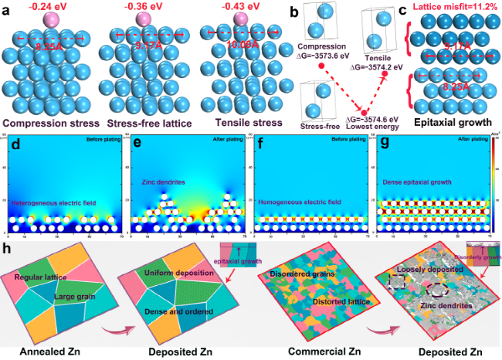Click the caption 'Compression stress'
pos(50,122)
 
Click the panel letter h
pos(7,251)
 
